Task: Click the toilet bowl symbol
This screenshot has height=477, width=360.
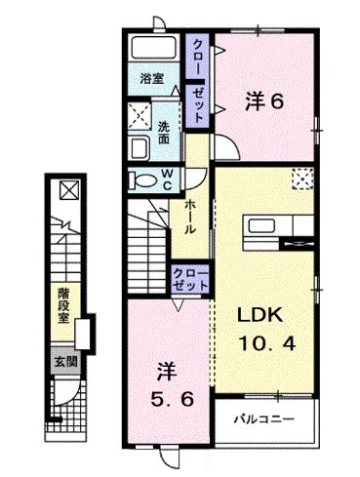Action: [x=145, y=180]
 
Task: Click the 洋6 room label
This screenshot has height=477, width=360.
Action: [x=264, y=100]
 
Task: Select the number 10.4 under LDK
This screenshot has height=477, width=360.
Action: [x=264, y=342]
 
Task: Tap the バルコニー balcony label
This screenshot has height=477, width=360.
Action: [x=263, y=421]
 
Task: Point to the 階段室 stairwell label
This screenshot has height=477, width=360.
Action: [x=61, y=303]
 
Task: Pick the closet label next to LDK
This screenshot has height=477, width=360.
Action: [x=189, y=277]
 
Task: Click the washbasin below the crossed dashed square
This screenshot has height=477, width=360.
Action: [x=138, y=149]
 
